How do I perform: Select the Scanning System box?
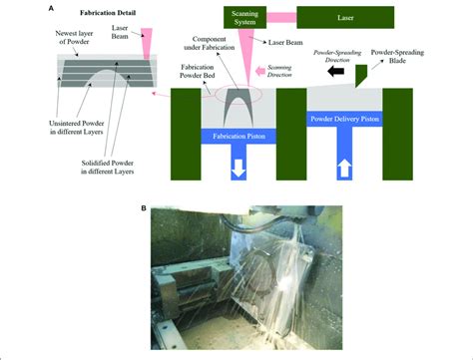click(245, 18)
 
